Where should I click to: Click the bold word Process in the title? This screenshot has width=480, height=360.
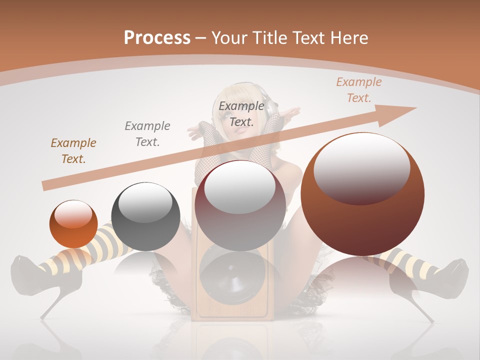coord(157,37)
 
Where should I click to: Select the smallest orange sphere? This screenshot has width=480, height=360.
coord(73,224)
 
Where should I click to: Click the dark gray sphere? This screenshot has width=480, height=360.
coord(145,216)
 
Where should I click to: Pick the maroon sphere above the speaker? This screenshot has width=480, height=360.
coord(240,205)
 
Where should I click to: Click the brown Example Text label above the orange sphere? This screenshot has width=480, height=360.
coord(73,151)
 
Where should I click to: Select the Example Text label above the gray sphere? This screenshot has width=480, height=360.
coord(147,133)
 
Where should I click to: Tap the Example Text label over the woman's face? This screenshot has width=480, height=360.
coord(241,113)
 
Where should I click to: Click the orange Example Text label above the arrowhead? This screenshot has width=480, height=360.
coord(358,90)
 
